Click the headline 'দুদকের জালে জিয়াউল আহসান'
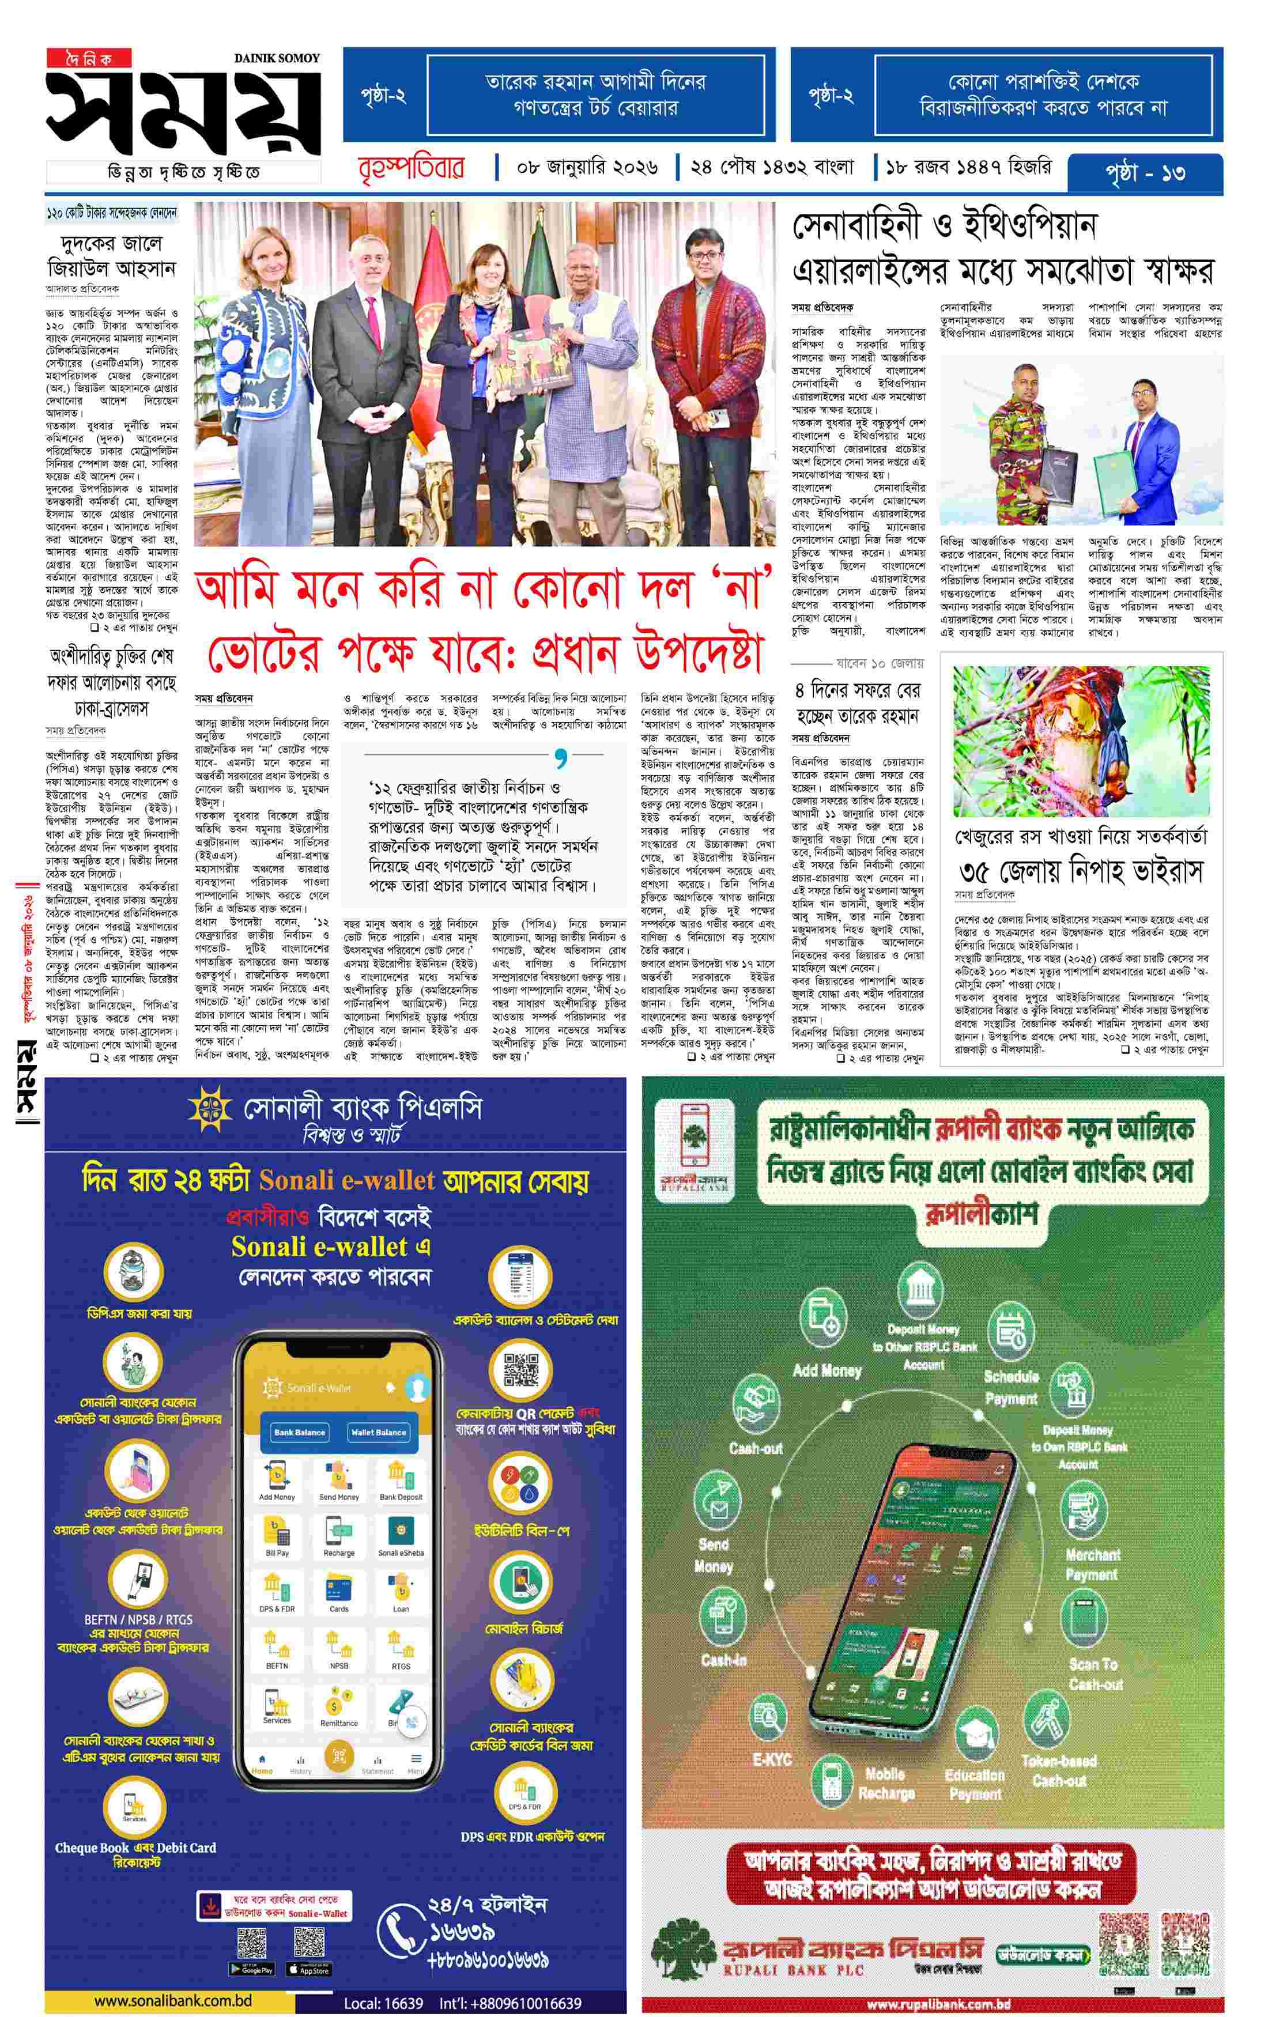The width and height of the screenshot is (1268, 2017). [x=111, y=256]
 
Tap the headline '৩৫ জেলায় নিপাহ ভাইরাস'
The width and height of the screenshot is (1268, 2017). [x=1081, y=872]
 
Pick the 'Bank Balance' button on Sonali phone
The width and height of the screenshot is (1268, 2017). [x=299, y=1431]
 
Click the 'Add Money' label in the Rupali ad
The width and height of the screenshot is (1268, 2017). [x=827, y=1371]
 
